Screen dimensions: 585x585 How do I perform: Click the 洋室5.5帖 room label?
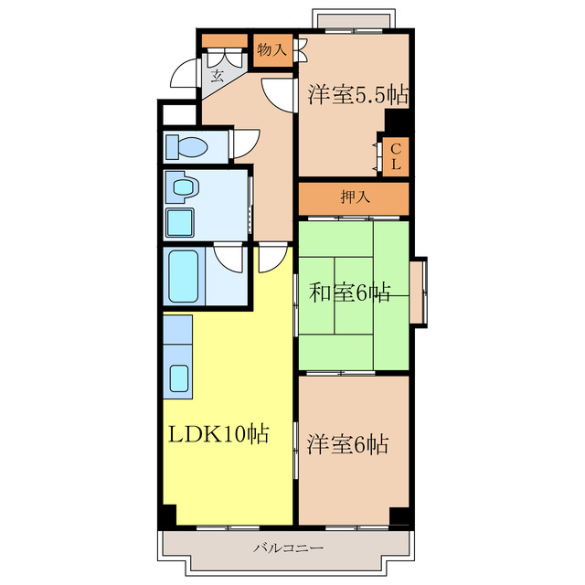[x=357, y=95]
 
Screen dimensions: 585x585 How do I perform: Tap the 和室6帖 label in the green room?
[x=349, y=292]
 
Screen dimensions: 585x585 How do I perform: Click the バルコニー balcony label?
[x=288, y=548]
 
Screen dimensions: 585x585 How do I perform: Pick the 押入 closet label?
[x=355, y=197]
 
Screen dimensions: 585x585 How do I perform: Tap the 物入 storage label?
[x=272, y=49]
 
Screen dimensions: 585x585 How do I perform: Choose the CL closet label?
[x=396, y=156]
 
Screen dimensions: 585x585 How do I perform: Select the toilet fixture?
[x=186, y=146]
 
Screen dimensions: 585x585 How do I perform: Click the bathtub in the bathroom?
[x=183, y=276]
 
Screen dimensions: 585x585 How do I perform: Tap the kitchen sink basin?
[x=179, y=378]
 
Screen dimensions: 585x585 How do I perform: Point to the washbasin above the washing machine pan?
[x=183, y=186]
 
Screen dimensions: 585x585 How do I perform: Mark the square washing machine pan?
[x=180, y=223]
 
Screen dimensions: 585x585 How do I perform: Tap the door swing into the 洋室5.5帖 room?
[x=277, y=94]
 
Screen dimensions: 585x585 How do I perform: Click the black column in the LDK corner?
[x=169, y=515]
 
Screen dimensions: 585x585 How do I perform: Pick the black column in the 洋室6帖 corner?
[x=399, y=516]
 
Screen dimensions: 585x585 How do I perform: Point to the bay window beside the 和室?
[x=419, y=292]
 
